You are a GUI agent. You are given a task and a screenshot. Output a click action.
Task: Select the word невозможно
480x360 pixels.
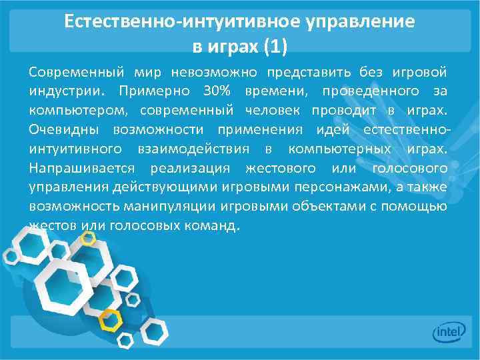[x=213, y=71]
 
